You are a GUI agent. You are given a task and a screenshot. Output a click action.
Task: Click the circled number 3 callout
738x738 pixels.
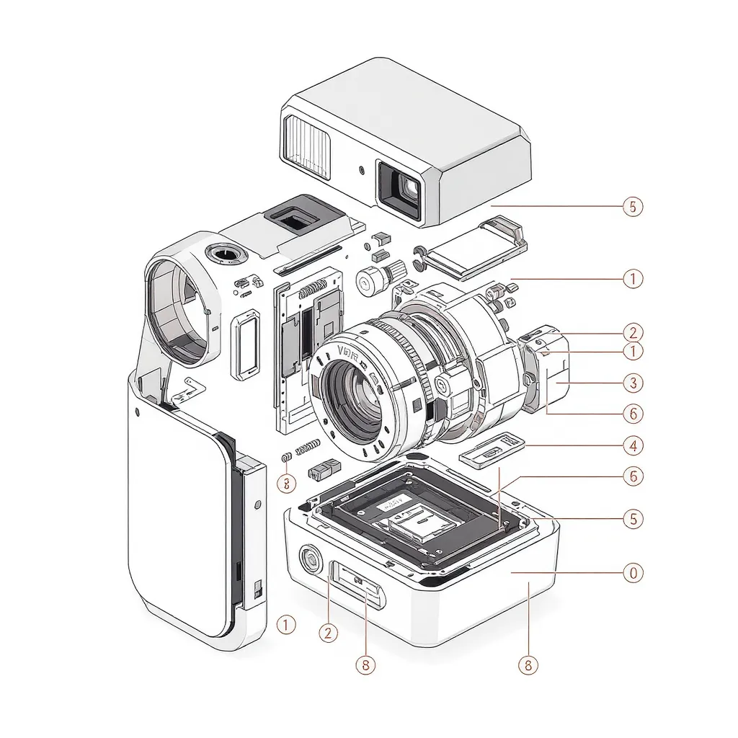[632, 382]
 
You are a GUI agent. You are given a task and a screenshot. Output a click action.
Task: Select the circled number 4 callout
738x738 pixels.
[632, 445]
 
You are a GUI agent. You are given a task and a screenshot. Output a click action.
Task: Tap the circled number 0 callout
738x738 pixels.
[632, 573]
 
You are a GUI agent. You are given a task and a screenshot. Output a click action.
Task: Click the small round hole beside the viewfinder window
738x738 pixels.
[361, 171]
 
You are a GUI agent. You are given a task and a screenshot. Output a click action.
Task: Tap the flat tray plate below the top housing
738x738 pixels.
[470, 252]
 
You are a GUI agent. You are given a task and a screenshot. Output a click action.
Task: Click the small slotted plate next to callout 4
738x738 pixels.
[492, 451]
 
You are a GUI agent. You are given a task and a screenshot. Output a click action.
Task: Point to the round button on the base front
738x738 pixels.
[310, 559]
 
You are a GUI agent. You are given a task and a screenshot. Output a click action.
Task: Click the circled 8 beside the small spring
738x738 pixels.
[286, 483]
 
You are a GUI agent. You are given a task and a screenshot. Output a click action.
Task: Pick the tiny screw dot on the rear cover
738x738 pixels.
[136, 412]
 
